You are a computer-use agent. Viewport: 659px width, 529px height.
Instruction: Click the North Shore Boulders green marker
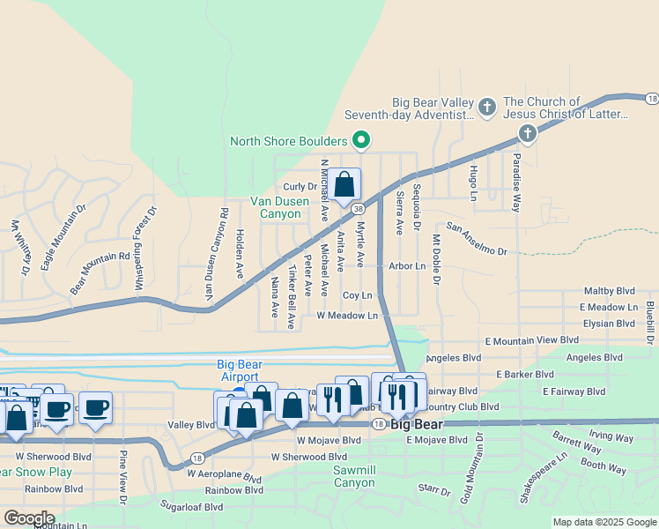click(360, 140)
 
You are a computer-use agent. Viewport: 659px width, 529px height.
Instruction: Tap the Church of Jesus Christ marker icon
click(528, 134)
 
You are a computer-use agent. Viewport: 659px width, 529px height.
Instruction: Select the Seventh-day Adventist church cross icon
click(487, 108)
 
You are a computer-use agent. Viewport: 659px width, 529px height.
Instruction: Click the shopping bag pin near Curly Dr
click(344, 185)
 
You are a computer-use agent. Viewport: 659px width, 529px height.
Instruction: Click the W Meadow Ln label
click(347, 315)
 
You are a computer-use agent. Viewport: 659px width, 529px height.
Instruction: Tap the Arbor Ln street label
click(406, 265)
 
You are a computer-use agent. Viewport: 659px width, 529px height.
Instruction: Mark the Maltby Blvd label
click(609, 291)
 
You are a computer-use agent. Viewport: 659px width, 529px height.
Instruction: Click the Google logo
click(29, 518)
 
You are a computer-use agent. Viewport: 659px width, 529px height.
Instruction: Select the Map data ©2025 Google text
click(603, 522)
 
